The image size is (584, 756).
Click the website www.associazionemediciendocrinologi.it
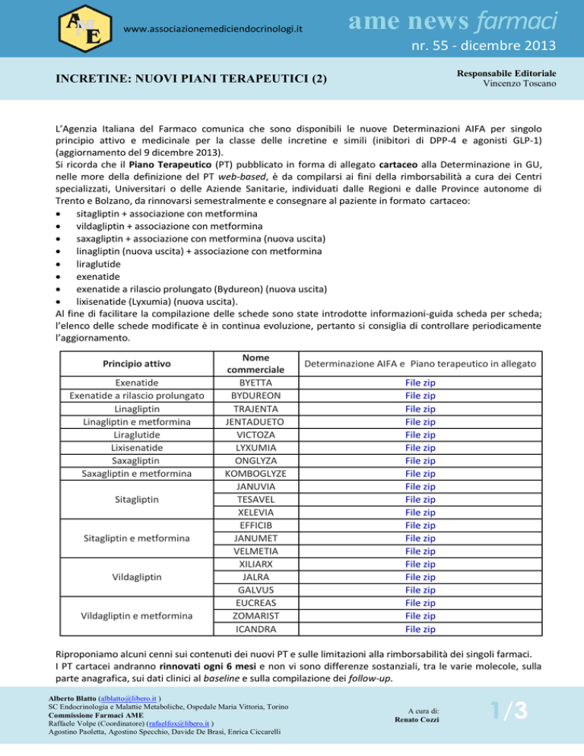(x=213, y=29)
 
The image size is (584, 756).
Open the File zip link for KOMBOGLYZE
(x=420, y=473)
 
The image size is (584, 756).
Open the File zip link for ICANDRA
(x=420, y=629)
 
